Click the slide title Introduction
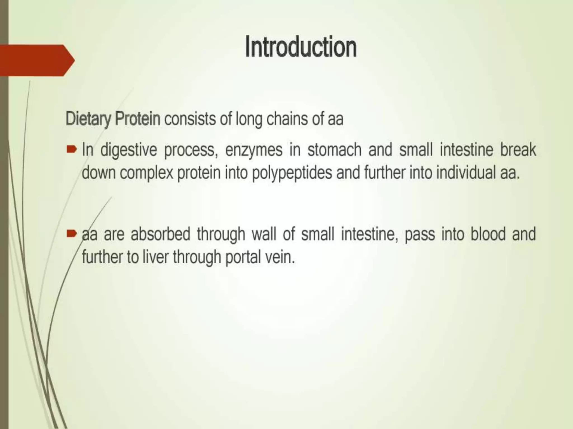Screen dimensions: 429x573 pyautogui.click(x=301, y=47)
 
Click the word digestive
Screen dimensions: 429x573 pyautogui.click(x=128, y=151)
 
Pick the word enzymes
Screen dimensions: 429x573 pyautogui.click(x=254, y=151)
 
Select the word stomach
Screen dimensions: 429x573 pyautogui.click(x=335, y=150)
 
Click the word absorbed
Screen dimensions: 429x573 pyautogui.click(x=161, y=234)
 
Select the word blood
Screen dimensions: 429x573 pyautogui.click(x=488, y=234)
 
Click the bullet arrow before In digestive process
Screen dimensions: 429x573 pyautogui.click(x=71, y=150)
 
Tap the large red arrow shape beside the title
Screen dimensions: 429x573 pyautogui.click(x=36, y=60)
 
